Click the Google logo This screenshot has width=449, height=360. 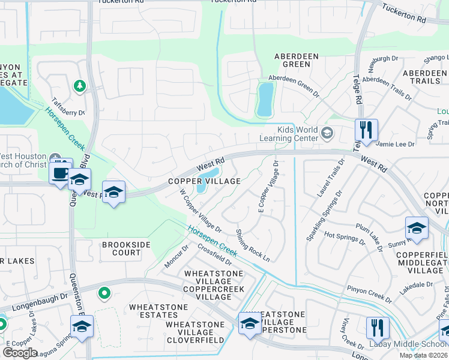click(20, 352)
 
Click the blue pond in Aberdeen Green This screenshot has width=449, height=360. click(265, 99)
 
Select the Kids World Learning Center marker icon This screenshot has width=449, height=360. click(327, 133)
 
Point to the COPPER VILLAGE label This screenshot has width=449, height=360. click(204, 181)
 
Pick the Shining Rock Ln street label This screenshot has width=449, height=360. click(253, 245)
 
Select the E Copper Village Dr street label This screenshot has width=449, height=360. click(268, 187)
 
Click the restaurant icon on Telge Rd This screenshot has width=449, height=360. click(366, 129)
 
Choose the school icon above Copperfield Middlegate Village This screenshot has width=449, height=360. click(417, 228)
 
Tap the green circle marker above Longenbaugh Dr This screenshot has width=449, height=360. click(104, 293)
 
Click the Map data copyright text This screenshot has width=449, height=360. click(423, 355)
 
